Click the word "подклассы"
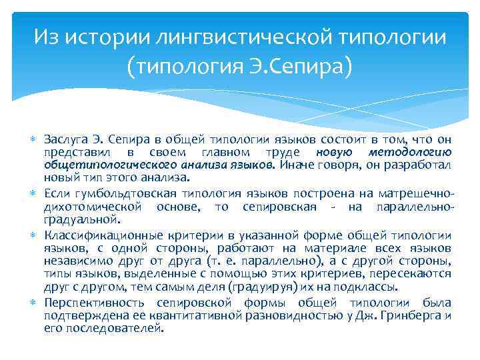[373, 287]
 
